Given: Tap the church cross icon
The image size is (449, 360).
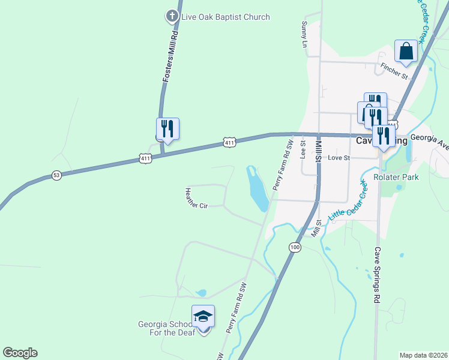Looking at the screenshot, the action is [x=172, y=17].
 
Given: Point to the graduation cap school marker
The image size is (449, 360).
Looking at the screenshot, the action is [x=203, y=316].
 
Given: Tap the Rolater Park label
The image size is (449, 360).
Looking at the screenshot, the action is [x=396, y=177].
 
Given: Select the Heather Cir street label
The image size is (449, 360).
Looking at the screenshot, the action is [x=196, y=199].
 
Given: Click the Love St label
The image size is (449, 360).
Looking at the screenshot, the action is [x=339, y=158].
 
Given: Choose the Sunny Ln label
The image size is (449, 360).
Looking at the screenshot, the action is [x=304, y=34].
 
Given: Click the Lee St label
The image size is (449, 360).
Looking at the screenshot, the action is [x=303, y=149].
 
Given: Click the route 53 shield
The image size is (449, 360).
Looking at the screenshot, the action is [x=56, y=175].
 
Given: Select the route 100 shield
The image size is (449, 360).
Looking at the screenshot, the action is [x=294, y=247].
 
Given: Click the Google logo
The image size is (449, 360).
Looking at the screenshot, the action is [x=20, y=353].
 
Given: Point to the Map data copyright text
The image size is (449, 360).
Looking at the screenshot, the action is [x=424, y=355].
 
